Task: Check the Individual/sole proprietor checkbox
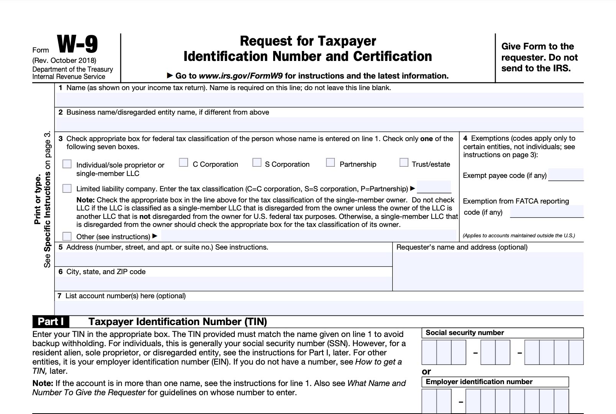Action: coord(67,164)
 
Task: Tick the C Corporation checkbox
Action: coord(183,163)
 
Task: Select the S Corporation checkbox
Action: coord(257,163)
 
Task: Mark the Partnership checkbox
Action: coord(330,163)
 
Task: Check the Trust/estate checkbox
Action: coord(403,163)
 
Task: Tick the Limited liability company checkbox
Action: coord(67,188)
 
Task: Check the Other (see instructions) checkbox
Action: coord(67,236)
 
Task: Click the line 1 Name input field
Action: coord(319,100)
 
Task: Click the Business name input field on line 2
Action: coord(319,124)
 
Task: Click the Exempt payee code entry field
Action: coord(566,174)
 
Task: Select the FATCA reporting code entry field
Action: coord(547,211)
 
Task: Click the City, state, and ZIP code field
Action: coord(223,283)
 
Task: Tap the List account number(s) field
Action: coord(319,308)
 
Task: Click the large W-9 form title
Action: coord(77,44)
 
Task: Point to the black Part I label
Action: coord(51,321)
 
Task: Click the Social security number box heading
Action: coord(465,333)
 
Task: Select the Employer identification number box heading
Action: coord(479,382)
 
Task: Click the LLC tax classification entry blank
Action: coord(434,187)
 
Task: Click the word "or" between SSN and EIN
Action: coord(426,371)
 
